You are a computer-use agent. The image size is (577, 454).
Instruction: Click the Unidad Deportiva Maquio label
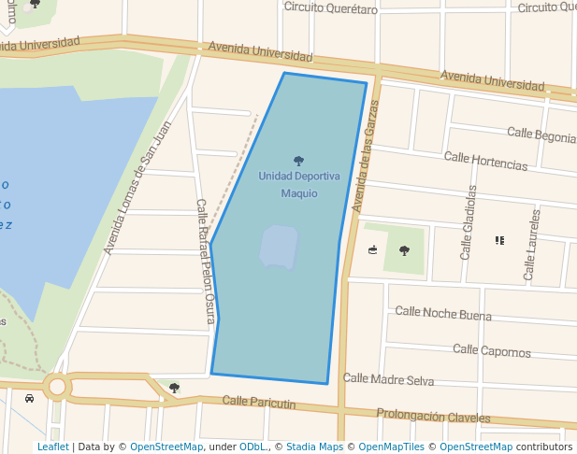[298, 184]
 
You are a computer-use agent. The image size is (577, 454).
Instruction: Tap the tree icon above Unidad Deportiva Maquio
[298, 161]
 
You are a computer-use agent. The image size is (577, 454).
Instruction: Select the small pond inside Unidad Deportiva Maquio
[279, 247]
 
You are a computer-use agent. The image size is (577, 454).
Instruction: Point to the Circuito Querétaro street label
[330, 8]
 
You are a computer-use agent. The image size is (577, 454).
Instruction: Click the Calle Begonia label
[541, 136]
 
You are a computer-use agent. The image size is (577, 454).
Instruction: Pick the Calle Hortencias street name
[486, 161]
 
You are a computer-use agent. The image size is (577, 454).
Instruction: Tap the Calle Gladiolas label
[469, 222]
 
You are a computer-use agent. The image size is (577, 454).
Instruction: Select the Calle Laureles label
[532, 244]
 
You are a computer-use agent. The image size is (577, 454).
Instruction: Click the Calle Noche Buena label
[442, 314]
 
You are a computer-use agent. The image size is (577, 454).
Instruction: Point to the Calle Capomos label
[491, 350]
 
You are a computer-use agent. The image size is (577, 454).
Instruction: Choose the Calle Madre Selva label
[388, 379]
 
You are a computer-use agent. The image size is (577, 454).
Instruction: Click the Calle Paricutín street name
[259, 403]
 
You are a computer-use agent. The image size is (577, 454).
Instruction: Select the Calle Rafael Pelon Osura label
[205, 262]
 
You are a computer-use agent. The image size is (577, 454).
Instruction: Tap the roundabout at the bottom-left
[57, 386]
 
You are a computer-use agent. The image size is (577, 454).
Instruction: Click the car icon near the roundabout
[30, 399]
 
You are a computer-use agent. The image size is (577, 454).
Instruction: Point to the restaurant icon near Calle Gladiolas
[499, 240]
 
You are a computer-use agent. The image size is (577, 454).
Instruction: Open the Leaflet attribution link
[52, 447]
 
